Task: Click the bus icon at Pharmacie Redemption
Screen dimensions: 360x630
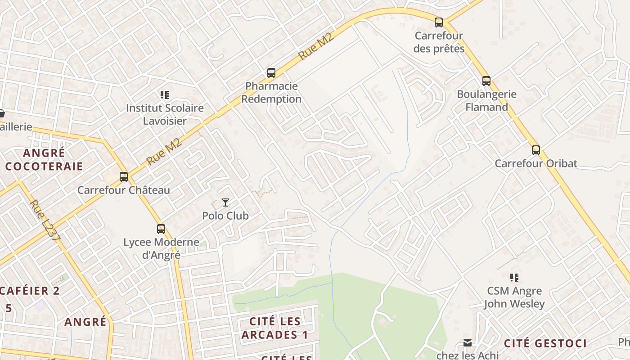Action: [x=271, y=73]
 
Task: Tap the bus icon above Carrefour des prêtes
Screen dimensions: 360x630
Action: [x=439, y=22]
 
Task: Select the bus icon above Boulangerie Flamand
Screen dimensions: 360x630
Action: [x=486, y=81]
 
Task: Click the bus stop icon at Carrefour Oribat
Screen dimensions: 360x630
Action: [x=535, y=150]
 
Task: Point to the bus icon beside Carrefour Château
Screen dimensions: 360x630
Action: [x=124, y=177]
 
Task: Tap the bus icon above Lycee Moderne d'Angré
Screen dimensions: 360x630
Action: [x=161, y=229]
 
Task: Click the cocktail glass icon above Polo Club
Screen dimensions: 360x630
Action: [x=225, y=202]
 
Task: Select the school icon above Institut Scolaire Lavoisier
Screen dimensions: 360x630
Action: [x=165, y=95]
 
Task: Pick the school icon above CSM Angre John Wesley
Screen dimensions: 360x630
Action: [x=514, y=278]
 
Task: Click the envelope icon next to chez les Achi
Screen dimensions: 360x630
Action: [x=468, y=343]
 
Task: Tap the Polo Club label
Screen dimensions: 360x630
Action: [x=225, y=216]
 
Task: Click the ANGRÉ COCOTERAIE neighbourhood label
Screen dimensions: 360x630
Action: [x=44, y=160]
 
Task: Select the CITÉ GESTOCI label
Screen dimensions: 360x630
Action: [x=545, y=344]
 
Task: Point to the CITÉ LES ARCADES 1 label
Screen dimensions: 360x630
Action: [x=275, y=328]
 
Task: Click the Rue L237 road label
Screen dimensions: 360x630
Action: [x=44, y=221]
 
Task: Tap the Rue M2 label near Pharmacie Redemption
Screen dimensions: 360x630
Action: [x=316, y=46]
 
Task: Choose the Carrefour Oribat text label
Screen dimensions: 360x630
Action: [x=535, y=163]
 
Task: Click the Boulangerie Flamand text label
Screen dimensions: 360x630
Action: [x=486, y=101]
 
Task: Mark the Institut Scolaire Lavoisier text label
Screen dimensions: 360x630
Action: [x=165, y=114]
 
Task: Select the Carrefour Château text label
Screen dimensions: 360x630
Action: [x=124, y=190]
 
